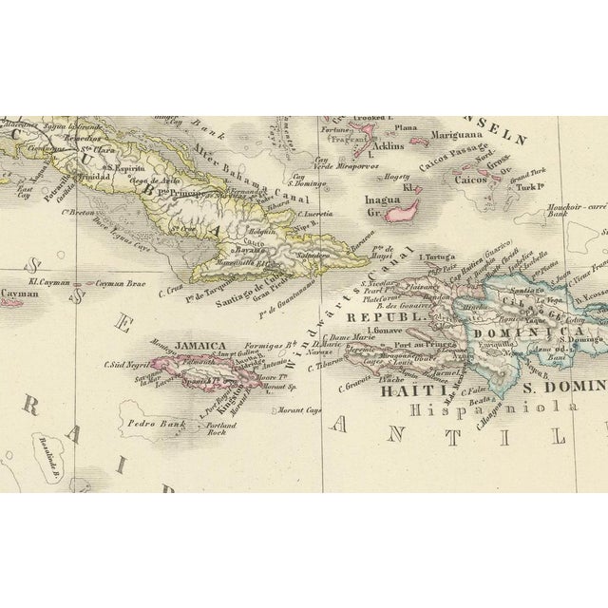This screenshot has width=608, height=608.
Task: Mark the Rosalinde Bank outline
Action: pos(19,470)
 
